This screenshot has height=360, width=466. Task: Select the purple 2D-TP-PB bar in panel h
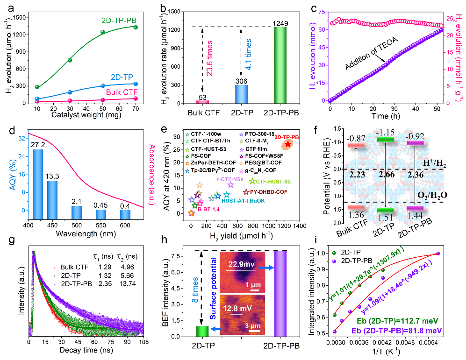point(280,294)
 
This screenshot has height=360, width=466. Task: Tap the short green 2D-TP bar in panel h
point(202,331)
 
